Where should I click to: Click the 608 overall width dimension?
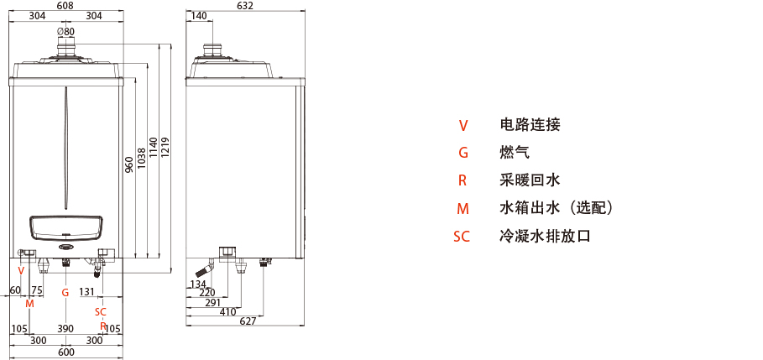[65, 6]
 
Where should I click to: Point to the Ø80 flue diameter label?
[65, 32]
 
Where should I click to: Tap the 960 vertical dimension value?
[128, 164]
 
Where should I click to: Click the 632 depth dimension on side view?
[244, 6]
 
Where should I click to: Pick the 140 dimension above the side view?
[198, 16]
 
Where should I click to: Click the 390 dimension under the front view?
[65, 329]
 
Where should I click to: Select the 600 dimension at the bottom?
[65, 352]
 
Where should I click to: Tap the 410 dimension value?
[228, 311]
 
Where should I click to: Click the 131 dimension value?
[87, 291]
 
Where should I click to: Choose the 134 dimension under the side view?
[197, 284]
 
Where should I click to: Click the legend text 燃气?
[515, 153]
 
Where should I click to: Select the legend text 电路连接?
[530, 125]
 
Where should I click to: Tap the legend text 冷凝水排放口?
[545, 236]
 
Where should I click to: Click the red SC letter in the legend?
[462, 236]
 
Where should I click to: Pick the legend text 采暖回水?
[530, 180]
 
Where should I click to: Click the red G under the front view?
[65, 292]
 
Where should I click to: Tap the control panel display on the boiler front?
[65, 227]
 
